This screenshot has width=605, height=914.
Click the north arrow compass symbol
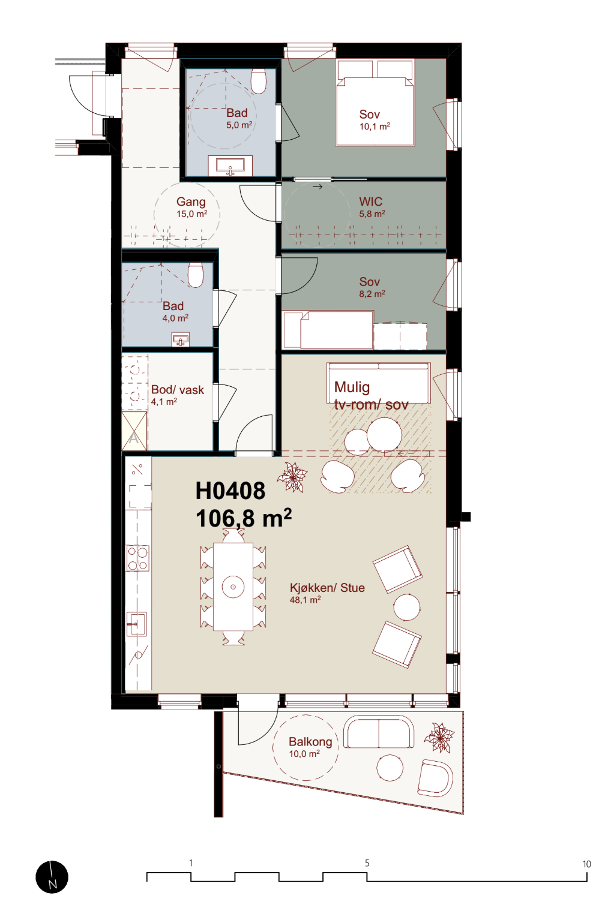[x=52, y=877]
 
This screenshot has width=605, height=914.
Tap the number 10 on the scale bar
[x=586, y=864]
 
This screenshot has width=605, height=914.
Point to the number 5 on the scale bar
[x=367, y=863]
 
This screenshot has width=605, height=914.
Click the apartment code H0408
[x=230, y=491]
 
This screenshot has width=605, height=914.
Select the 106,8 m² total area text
[x=244, y=518]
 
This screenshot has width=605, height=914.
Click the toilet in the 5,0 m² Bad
[x=259, y=81]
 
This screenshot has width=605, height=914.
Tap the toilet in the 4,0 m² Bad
[x=196, y=275]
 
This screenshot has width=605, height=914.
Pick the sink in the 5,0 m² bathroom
[x=230, y=166]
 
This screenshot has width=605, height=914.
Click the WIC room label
[x=371, y=202]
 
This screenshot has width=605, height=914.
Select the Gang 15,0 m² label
[x=191, y=208]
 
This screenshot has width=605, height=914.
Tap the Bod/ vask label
[x=177, y=390]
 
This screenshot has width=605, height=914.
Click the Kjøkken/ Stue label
[x=327, y=588]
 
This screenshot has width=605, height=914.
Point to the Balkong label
[x=310, y=741]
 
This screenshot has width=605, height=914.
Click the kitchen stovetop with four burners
[x=138, y=558]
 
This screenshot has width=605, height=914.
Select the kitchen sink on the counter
[x=136, y=624]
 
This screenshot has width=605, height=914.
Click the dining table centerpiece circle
[x=233, y=587]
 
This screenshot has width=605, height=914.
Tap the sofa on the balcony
[x=379, y=732]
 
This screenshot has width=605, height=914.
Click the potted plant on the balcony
[x=439, y=737]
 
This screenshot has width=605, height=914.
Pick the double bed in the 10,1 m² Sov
[x=375, y=103]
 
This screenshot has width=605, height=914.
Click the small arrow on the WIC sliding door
[x=318, y=187]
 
